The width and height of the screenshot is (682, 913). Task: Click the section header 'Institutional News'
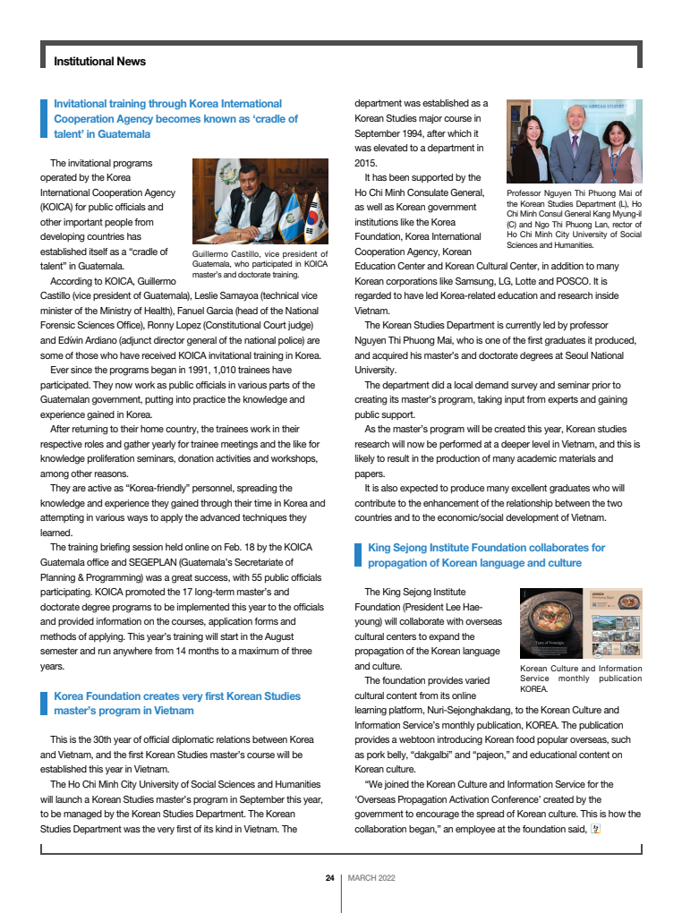99,62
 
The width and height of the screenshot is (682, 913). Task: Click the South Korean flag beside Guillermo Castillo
312,217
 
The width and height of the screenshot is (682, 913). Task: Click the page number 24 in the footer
329,878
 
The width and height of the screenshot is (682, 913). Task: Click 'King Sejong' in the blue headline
397,548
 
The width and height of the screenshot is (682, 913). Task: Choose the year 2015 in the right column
367,163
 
